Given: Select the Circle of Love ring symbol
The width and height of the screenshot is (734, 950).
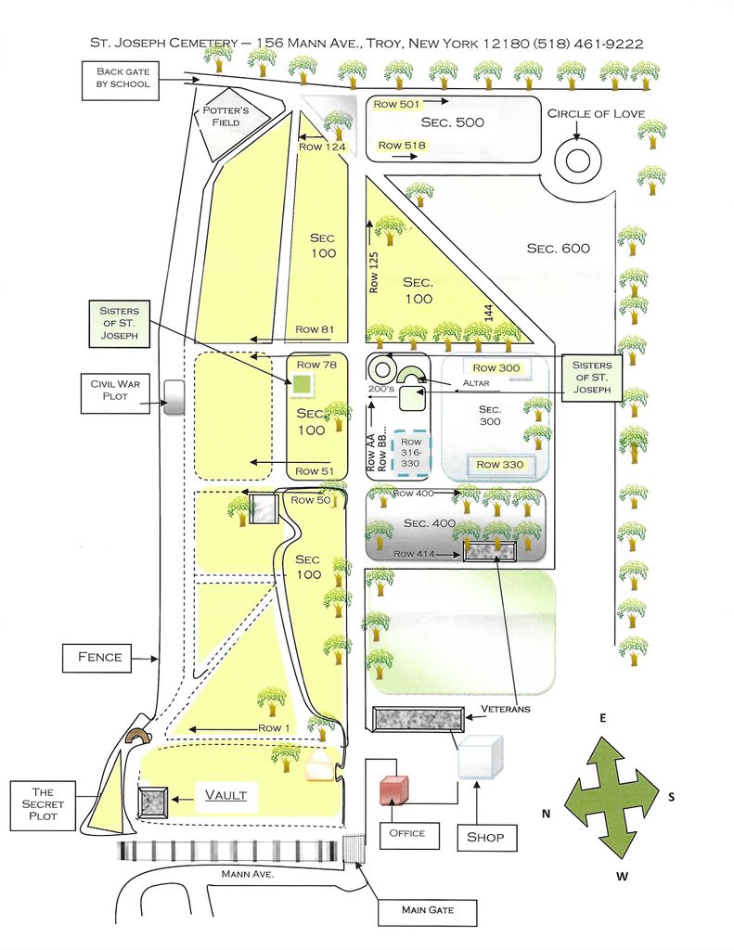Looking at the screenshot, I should tap(577, 160).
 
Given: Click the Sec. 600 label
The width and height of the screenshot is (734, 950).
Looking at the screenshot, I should tap(558, 248).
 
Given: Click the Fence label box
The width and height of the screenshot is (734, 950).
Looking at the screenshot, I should tap(99, 658).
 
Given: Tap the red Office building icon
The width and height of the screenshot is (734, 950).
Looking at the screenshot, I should tap(393, 790).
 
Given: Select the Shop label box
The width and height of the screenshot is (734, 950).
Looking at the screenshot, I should tap(485, 837).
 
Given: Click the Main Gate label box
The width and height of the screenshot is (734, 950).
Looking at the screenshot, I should tap(427, 909).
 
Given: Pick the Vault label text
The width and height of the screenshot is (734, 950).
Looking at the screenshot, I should tap(225, 795).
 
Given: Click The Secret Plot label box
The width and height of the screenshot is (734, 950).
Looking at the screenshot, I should tap(43, 804).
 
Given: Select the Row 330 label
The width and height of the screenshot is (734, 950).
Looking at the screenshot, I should tap(499, 464).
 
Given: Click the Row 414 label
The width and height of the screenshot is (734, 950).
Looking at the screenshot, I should tap(416, 553).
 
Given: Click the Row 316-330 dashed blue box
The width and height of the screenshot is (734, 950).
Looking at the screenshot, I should tap(411, 454).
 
